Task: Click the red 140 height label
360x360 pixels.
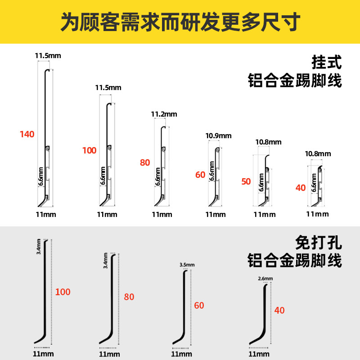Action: point(27,134)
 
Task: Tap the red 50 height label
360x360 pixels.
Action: point(246,182)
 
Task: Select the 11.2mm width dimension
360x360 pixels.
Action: point(164,114)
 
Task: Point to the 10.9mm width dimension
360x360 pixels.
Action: point(218,135)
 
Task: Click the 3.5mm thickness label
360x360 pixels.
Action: point(187,265)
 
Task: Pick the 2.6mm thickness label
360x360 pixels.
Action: point(265,279)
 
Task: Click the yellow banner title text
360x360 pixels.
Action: point(180,22)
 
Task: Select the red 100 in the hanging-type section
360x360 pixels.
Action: point(89,150)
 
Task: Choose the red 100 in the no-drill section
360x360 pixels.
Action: point(63,292)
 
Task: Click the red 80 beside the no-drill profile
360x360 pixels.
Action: point(129,297)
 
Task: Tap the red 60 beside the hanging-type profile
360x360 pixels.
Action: point(200,175)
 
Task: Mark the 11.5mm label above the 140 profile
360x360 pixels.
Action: point(48,56)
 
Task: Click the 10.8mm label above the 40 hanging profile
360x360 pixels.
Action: point(318,154)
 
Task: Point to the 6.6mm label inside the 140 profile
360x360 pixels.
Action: point(40,176)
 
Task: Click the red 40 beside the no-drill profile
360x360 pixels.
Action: point(279,310)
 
